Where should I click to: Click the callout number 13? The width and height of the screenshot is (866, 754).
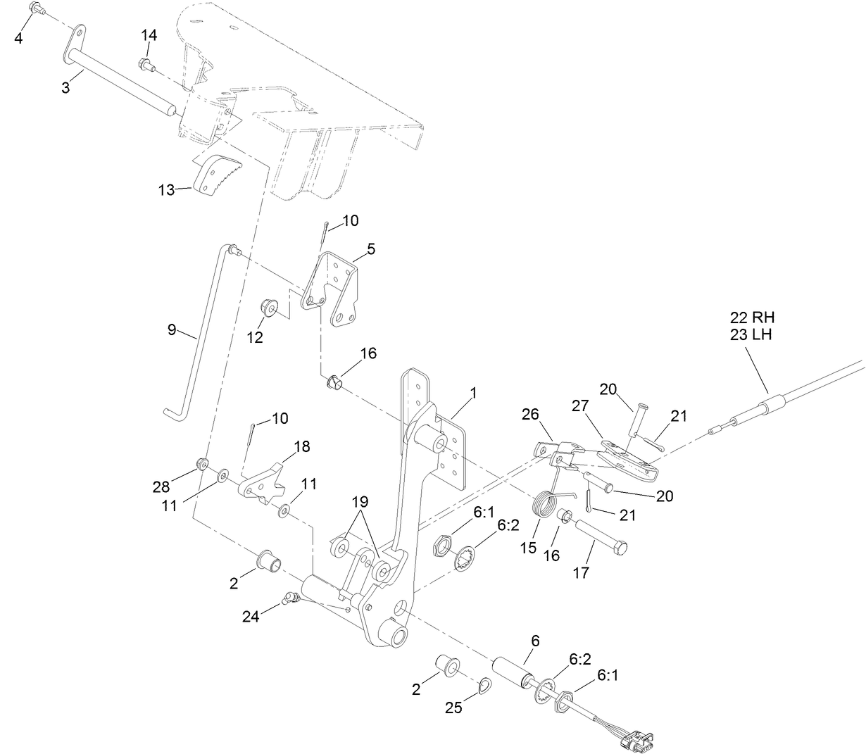[x=165, y=190]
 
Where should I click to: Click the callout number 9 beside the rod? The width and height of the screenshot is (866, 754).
[x=172, y=329]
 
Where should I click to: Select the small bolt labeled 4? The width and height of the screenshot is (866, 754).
[x=37, y=8]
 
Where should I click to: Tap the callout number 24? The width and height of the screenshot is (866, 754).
[x=250, y=617]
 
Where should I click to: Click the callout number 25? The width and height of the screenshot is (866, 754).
[x=454, y=708]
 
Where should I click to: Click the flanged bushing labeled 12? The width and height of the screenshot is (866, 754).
[x=268, y=308]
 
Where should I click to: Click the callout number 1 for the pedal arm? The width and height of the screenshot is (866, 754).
[x=473, y=394]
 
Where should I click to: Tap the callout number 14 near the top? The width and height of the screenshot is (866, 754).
[x=149, y=35]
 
